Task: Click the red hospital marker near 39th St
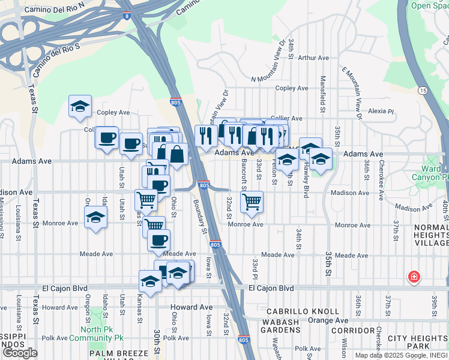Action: coord(414,277)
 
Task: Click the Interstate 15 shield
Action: coord(423,91)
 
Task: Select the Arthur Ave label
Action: coord(314,58)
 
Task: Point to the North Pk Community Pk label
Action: coord(92,334)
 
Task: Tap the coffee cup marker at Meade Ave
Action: coord(159,241)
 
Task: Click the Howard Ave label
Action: coord(60,308)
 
